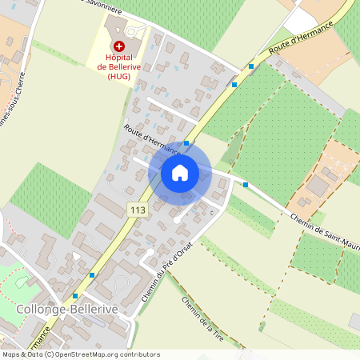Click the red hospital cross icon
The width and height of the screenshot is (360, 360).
(x=119, y=48)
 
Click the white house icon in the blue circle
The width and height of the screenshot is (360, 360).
(x=180, y=172)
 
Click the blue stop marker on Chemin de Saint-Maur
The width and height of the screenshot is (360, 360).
(x=246, y=185)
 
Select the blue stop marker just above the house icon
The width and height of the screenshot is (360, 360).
(x=186, y=143)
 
